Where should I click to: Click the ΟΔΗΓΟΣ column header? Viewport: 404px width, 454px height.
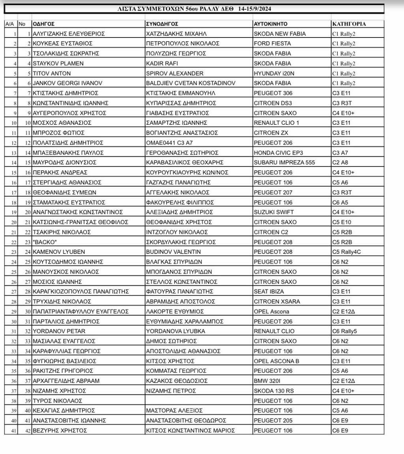44,24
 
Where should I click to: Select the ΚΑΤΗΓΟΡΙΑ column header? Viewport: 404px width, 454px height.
349,24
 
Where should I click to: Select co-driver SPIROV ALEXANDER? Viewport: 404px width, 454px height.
175,73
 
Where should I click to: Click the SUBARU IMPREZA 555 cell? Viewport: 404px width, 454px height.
284,163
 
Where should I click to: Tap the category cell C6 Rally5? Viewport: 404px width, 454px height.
344,331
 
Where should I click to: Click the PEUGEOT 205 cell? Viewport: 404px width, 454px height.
273,420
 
